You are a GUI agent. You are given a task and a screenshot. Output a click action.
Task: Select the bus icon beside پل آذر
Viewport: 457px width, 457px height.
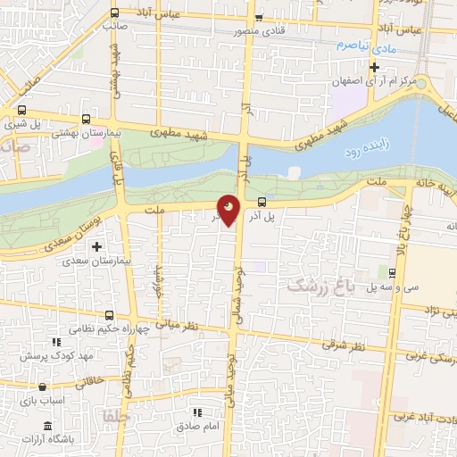point(262,202)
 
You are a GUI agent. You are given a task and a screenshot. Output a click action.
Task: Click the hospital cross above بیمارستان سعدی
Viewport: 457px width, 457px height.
point(97,246)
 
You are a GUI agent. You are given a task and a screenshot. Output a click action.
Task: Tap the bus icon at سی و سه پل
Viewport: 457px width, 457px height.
point(394,272)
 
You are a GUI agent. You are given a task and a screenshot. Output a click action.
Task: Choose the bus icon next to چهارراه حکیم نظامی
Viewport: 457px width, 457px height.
point(109,315)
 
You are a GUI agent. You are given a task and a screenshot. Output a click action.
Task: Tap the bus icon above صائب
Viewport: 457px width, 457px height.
point(113,12)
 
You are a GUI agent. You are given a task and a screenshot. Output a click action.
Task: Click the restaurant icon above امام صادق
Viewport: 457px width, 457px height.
point(198,412)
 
